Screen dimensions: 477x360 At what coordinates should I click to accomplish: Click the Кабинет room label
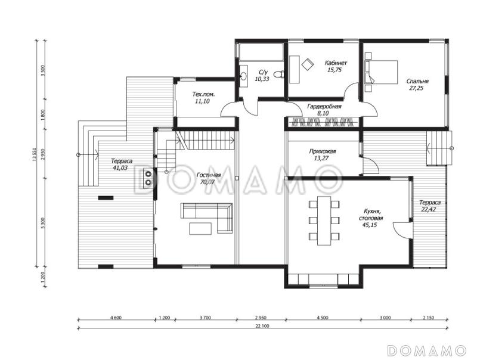[336, 63]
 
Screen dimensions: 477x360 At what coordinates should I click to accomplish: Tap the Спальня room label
[417, 82]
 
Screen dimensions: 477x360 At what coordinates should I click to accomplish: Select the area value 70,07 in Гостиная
[207, 182]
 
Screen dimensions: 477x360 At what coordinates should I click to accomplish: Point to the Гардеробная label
[324, 107]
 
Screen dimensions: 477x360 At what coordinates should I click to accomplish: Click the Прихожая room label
[322, 151]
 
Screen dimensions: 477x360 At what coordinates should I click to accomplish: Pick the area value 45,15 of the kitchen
[369, 225]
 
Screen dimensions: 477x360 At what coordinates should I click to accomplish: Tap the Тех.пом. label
[203, 95]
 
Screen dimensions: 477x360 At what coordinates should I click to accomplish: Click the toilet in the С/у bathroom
[278, 74]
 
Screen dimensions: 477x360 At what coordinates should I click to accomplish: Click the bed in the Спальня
[382, 72]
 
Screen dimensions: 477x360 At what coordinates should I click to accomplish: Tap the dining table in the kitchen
[324, 221]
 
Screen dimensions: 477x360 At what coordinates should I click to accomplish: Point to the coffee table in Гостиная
[200, 229]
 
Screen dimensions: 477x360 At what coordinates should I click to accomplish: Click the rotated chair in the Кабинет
[308, 64]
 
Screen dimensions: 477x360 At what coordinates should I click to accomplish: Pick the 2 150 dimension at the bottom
[428, 318]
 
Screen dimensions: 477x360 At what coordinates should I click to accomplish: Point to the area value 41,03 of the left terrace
[120, 168]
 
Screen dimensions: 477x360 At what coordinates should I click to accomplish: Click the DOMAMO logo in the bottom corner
[427, 350]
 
